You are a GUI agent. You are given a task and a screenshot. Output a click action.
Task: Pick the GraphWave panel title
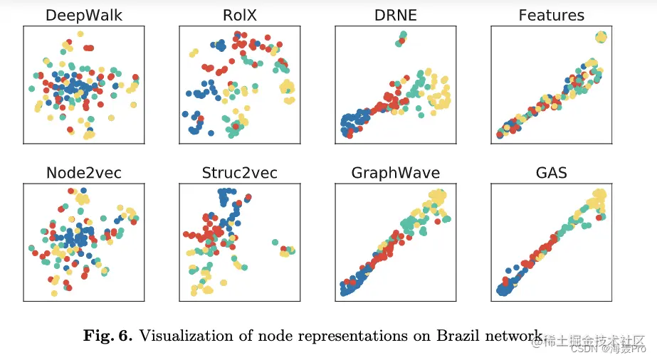[395, 173]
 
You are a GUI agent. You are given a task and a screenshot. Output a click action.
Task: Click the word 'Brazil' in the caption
[461, 336]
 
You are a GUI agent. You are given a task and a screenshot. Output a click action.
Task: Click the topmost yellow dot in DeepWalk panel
[80, 34]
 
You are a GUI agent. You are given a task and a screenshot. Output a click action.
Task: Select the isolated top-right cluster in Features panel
[601, 37]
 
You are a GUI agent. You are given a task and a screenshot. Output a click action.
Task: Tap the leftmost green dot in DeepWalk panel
[31, 89]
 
